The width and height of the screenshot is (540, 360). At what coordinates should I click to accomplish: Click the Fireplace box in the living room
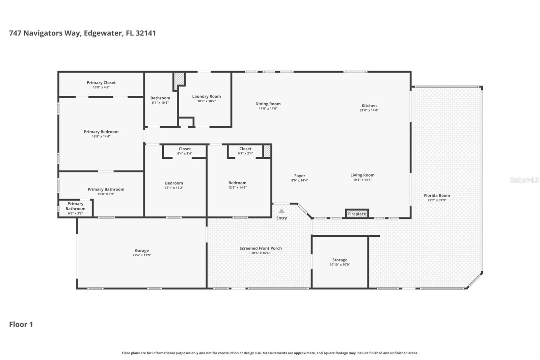[x=357, y=214]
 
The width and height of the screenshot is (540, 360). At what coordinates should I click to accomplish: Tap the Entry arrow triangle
[x=281, y=211]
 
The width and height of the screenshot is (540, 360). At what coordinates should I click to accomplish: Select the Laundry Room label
[x=206, y=97]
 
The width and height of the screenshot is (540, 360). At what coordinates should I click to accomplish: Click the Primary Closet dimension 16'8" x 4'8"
[x=101, y=87]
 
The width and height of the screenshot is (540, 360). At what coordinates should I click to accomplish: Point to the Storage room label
[x=340, y=260]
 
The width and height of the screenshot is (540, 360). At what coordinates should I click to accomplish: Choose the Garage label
[x=142, y=251]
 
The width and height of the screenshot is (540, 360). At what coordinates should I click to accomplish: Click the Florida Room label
[x=437, y=196]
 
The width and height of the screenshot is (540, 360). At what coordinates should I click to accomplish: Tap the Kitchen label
[x=369, y=106]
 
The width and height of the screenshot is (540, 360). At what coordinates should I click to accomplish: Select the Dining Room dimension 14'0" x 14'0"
[x=268, y=109]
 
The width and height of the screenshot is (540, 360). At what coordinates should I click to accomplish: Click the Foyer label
[x=299, y=176]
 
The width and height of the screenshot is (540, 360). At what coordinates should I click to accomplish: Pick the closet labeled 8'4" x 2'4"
[x=185, y=151]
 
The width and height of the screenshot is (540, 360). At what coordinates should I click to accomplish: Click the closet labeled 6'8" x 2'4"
[x=245, y=151]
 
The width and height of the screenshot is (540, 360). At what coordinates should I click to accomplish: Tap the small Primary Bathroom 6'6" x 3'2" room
[x=75, y=208]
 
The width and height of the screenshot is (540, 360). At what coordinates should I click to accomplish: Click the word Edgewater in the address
[x=103, y=33]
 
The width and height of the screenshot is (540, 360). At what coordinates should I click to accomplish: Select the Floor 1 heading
[x=21, y=324]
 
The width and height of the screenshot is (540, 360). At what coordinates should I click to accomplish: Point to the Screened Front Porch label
[x=261, y=248]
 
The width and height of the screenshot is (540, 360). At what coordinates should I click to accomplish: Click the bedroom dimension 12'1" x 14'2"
[x=174, y=188]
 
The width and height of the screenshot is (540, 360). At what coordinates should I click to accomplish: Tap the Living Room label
[x=362, y=175]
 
